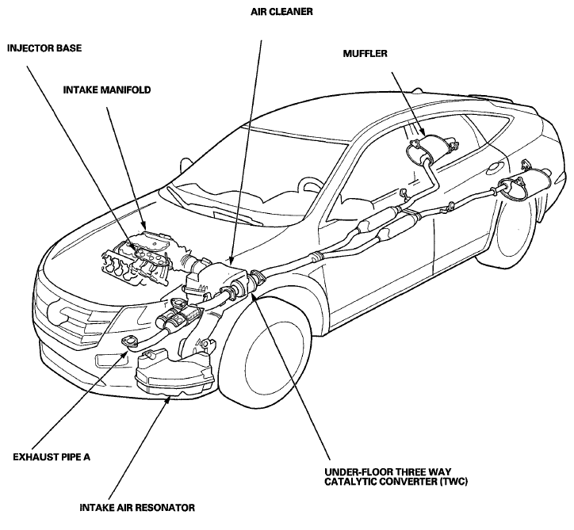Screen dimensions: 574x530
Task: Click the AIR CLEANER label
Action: (281, 12)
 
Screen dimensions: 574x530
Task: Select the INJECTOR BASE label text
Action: (44, 48)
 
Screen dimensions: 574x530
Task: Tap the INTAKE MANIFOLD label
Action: (107, 90)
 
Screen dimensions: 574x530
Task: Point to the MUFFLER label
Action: (365, 54)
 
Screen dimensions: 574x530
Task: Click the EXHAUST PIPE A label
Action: (52, 457)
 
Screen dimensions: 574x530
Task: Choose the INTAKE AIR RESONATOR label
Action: (137, 508)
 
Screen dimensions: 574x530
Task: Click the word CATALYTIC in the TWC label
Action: (349, 482)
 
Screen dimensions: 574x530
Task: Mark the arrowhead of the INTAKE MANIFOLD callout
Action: (143, 226)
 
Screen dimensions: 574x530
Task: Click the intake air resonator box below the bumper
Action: (174, 374)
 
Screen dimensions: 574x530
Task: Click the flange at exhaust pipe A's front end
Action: (129, 341)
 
